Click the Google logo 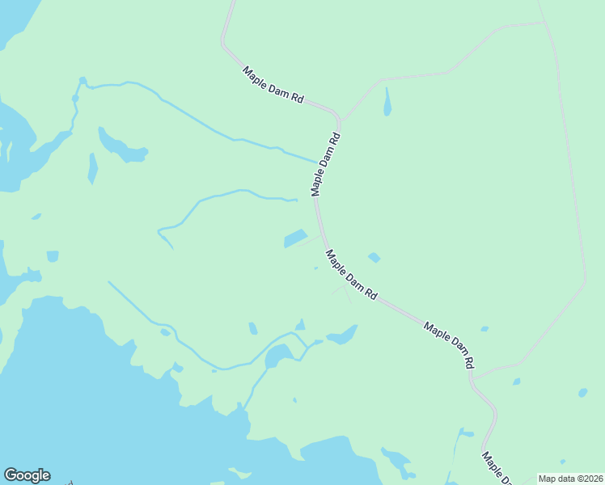(27, 475)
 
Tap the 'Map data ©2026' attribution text (569, 479)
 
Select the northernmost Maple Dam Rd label (273, 85)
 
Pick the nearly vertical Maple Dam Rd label (325, 164)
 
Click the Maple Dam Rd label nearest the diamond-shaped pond (351, 275)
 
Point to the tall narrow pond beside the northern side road (387, 102)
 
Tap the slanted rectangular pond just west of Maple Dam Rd (295, 238)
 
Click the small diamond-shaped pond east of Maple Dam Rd (374, 258)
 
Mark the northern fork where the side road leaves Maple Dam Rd (341, 120)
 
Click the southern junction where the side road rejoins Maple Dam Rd (472, 377)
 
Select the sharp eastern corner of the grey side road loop (585, 282)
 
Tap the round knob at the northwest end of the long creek (82, 81)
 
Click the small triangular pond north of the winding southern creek (300, 325)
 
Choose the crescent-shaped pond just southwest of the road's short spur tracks (343, 335)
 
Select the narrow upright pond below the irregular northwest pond (92, 169)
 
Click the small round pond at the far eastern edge (582, 393)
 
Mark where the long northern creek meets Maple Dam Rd (318, 162)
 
